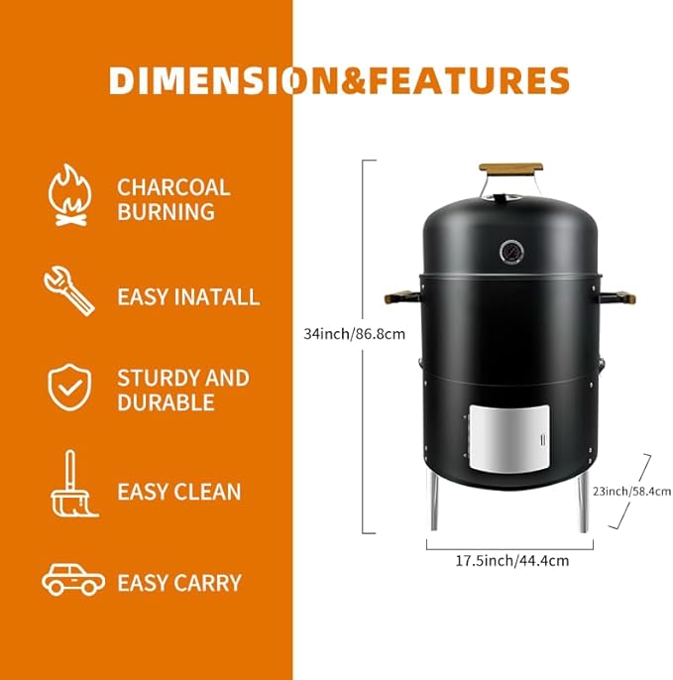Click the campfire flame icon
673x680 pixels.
tap(69, 194)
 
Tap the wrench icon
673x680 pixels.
tap(69, 290)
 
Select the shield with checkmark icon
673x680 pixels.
tap(69, 388)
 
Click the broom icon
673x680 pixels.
tap(74, 484)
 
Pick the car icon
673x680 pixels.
tap(73, 579)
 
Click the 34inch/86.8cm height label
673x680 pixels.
tap(354, 334)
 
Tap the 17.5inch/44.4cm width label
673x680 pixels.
tap(511, 561)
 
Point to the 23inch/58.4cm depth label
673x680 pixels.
tap(631, 492)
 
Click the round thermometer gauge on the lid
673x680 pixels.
tap(511, 252)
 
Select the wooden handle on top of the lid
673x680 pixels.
tap(510, 168)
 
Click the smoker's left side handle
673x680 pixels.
tap(402, 298)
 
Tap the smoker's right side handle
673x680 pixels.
tap(617, 297)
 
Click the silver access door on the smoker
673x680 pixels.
tap(509, 438)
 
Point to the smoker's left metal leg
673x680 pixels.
tap(434, 501)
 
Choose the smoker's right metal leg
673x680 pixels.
tap(583, 503)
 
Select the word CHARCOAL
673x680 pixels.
tap(173, 187)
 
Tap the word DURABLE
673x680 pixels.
tap(166, 402)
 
